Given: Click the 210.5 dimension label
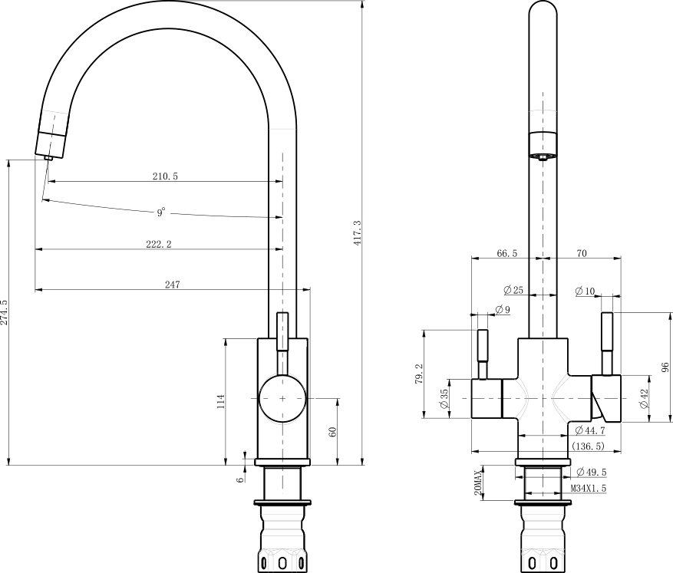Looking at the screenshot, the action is (165, 176).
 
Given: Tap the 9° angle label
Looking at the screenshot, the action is (161, 212).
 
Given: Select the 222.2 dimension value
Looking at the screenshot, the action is (159, 244).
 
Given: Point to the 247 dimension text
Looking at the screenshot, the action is (173, 285).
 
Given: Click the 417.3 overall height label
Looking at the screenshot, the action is (358, 233).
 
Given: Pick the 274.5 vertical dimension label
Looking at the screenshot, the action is (5, 313).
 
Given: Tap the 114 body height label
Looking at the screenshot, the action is (220, 401).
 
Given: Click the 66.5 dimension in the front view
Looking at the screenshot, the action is (507, 253).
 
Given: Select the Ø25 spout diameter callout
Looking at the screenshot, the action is (513, 290).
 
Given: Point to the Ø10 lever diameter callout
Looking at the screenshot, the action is (586, 291).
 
